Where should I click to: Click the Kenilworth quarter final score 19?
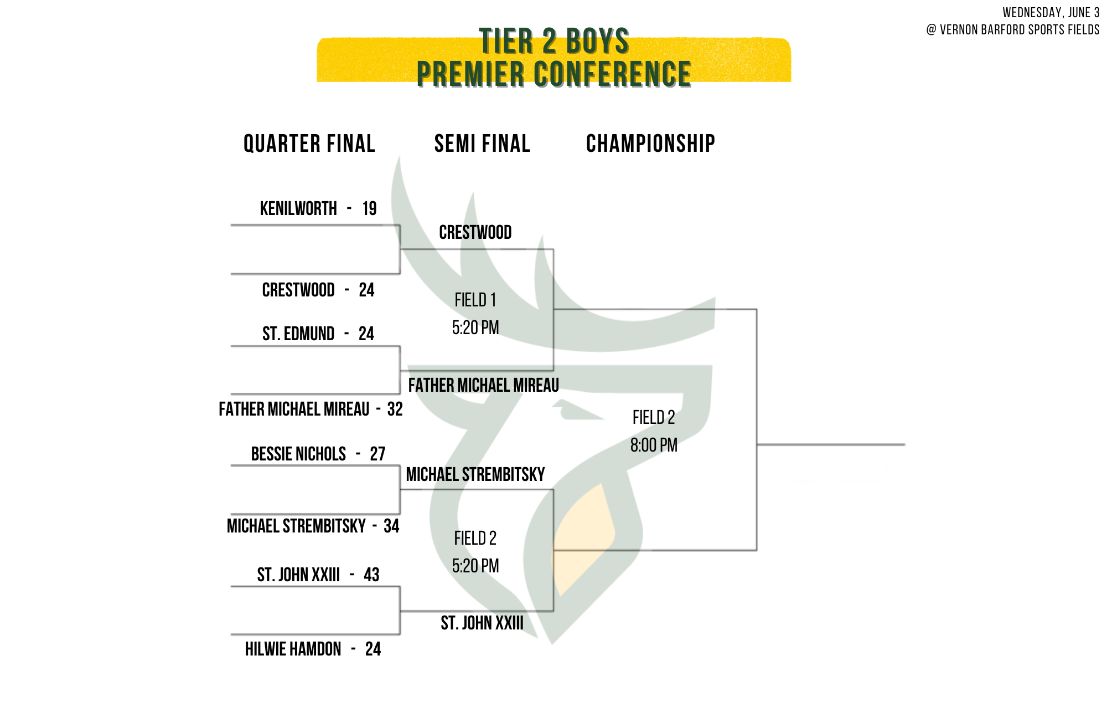(369, 208)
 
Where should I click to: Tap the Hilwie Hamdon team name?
(293, 649)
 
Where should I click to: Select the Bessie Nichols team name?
(298, 454)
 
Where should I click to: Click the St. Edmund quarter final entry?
(318, 334)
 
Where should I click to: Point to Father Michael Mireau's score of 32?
(395, 409)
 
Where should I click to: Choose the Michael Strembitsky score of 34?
(391, 526)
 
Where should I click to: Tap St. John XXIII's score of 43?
(371, 575)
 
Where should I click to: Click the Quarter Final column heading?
(309, 144)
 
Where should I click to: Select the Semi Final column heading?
(482, 144)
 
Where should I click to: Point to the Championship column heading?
(650, 144)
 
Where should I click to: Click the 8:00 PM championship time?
(654, 445)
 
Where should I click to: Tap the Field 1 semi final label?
(475, 300)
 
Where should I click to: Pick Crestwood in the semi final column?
(475, 232)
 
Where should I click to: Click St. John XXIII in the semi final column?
(482, 623)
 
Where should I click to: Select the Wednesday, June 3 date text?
(1051, 13)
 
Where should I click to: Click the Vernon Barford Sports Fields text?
(1020, 30)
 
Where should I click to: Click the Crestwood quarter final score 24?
(366, 290)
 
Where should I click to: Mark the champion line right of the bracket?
(831, 444)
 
